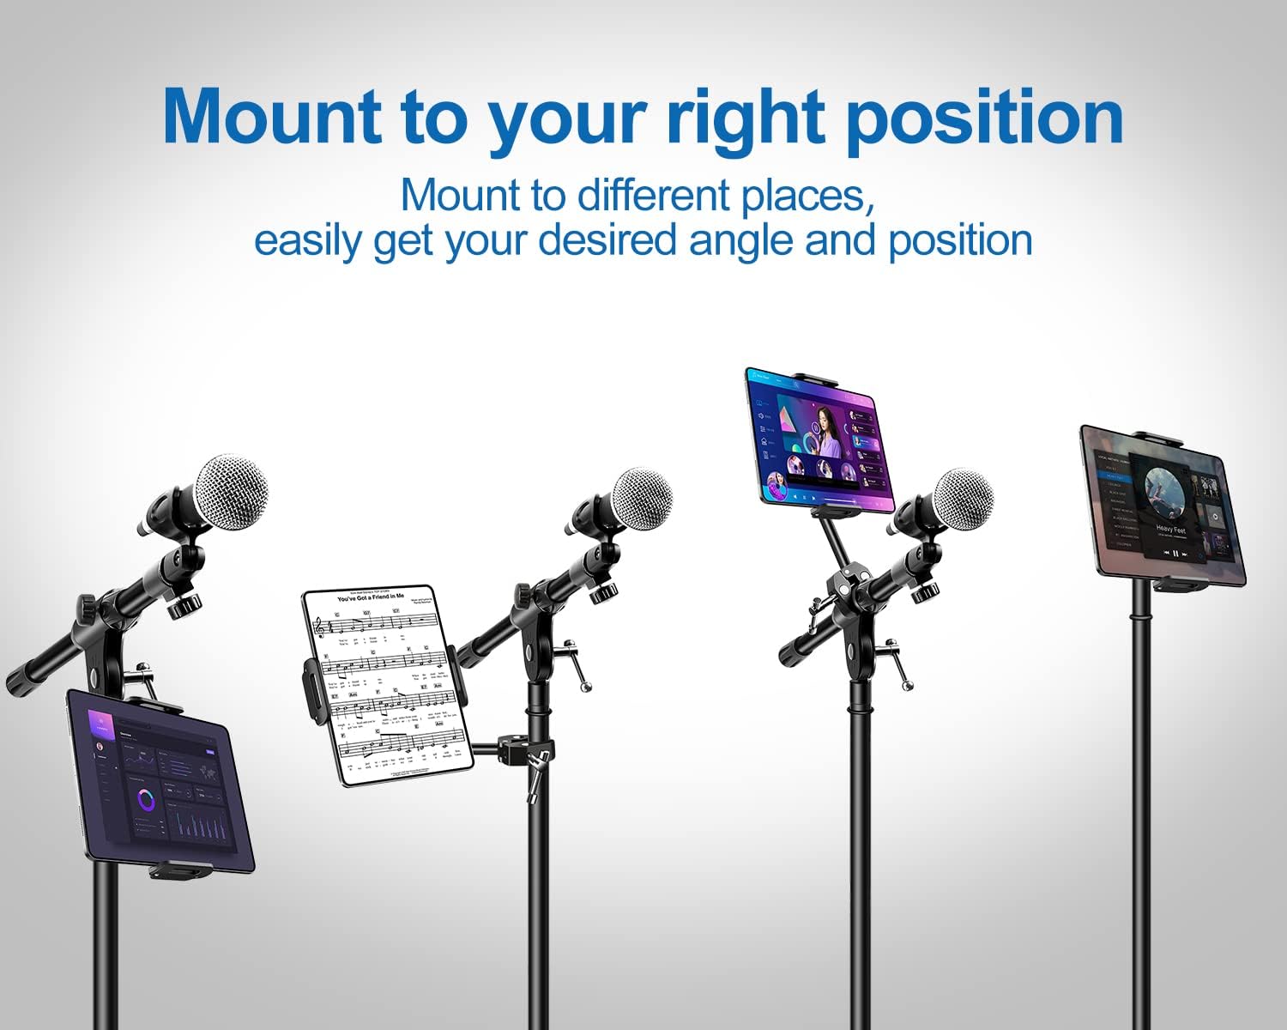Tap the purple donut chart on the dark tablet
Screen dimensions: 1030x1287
click(x=147, y=801)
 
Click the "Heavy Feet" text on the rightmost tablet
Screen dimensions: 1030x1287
click(x=1170, y=530)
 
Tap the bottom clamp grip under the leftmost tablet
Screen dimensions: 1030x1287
click(x=180, y=870)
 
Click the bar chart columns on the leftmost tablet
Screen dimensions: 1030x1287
click(x=202, y=826)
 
